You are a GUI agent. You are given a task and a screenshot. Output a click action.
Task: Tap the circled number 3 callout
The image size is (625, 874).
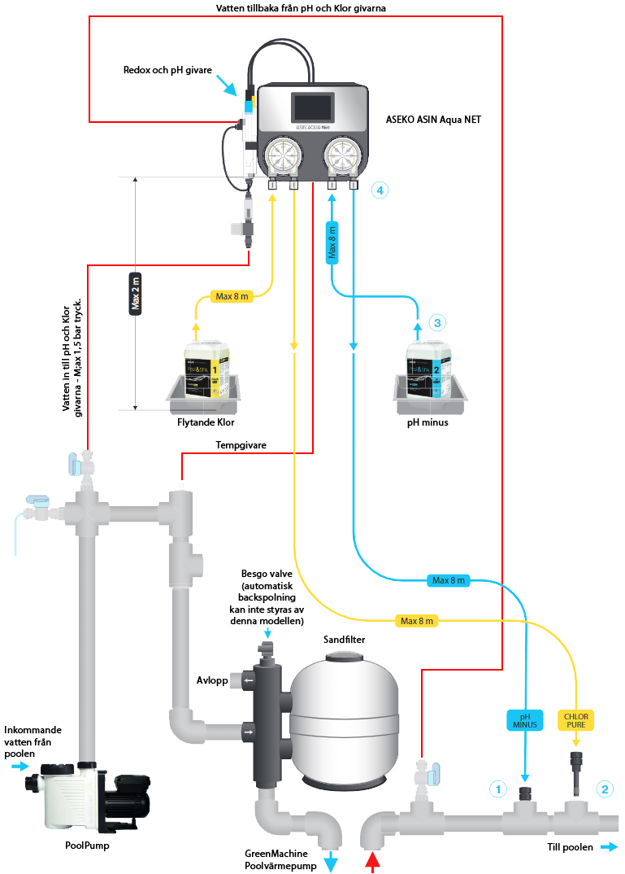pyautogui.click(x=437, y=322)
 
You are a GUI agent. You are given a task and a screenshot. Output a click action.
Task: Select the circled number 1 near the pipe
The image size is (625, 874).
pyautogui.click(x=497, y=789)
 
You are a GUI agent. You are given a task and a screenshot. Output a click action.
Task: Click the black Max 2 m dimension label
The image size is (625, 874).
pyautogui.click(x=136, y=291)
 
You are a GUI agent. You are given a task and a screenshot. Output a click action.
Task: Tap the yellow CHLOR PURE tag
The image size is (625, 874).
pyautogui.click(x=577, y=719)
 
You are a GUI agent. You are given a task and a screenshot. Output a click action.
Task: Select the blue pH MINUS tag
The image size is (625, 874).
pyautogui.click(x=525, y=719)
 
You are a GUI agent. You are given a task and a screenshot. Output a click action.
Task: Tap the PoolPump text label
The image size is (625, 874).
pyautogui.click(x=87, y=845)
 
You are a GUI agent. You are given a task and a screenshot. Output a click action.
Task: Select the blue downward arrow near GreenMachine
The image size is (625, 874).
pyautogui.click(x=332, y=863)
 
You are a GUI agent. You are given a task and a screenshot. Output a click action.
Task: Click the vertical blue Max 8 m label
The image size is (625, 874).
pyautogui.click(x=332, y=242)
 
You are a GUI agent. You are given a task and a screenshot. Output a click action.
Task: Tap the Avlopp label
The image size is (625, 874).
pyautogui.click(x=212, y=680)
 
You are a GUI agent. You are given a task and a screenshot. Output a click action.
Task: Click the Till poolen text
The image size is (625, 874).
pyautogui.click(x=569, y=846)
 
